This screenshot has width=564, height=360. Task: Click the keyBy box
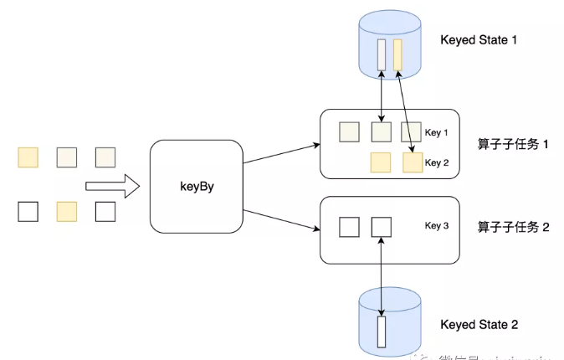[x=196, y=187]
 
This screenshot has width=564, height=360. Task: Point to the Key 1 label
[x=437, y=133]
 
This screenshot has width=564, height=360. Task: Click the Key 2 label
[x=437, y=162]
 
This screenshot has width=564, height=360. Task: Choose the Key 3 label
[x=437, y=226]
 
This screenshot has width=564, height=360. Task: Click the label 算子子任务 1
[x=513, y=144]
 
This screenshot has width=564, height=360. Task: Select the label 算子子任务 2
[x=513, y=226]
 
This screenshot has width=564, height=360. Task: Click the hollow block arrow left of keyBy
[x=111, y=186]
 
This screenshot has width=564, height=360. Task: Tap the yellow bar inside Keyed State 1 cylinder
[x=397, y=54]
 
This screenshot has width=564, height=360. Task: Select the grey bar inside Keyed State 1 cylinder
[x=382, y=54]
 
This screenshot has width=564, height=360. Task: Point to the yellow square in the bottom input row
[x=66, y=211]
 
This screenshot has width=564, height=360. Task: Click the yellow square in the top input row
[x=28, y=157]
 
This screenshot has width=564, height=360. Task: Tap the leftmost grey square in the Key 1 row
[x=349, y=131]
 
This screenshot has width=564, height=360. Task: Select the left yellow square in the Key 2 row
[x=381, y=162]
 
